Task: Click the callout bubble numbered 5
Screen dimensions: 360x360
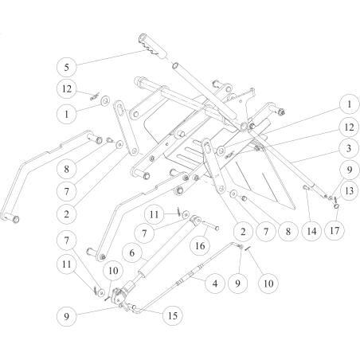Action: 66,67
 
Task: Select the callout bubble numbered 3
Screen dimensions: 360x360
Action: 349,148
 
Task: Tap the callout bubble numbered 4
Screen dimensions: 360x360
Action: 215,284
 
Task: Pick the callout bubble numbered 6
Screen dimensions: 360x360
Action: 132,252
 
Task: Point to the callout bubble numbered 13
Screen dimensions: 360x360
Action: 349,190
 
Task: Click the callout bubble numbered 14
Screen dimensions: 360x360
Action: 311,231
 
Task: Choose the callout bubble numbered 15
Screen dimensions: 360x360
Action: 173,315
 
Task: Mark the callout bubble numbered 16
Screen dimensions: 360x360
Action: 200,245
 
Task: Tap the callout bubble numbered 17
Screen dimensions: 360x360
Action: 335,230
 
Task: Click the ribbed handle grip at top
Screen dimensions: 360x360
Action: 153,47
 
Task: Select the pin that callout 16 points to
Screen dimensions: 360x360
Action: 211,225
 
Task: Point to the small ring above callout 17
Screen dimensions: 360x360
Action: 336,206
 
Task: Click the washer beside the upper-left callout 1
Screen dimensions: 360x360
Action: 106,101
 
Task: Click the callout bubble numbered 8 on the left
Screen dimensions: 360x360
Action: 66,169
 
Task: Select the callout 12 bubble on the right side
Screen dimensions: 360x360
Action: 349,127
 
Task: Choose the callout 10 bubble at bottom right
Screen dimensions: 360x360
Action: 268,284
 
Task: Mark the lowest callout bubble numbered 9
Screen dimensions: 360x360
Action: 66,316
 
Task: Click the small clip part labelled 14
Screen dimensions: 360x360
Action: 307,188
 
